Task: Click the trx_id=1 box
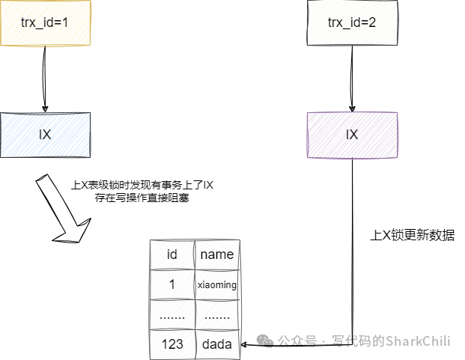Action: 45,22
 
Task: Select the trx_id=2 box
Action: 352,22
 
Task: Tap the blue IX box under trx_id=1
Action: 45,135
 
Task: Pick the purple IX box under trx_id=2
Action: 352,135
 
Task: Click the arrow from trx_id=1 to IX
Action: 44,79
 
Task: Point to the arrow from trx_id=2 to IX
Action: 351,79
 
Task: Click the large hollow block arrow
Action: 65,212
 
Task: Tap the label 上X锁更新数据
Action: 413,234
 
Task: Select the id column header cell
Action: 172,254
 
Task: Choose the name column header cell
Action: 217,254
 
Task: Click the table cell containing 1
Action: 172,284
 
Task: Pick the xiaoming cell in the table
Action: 217,284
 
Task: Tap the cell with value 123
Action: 172,344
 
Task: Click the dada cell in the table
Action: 217,344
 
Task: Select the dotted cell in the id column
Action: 172,315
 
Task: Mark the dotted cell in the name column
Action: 217,315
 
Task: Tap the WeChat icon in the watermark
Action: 267,341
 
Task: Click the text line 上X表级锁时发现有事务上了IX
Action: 142,186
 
